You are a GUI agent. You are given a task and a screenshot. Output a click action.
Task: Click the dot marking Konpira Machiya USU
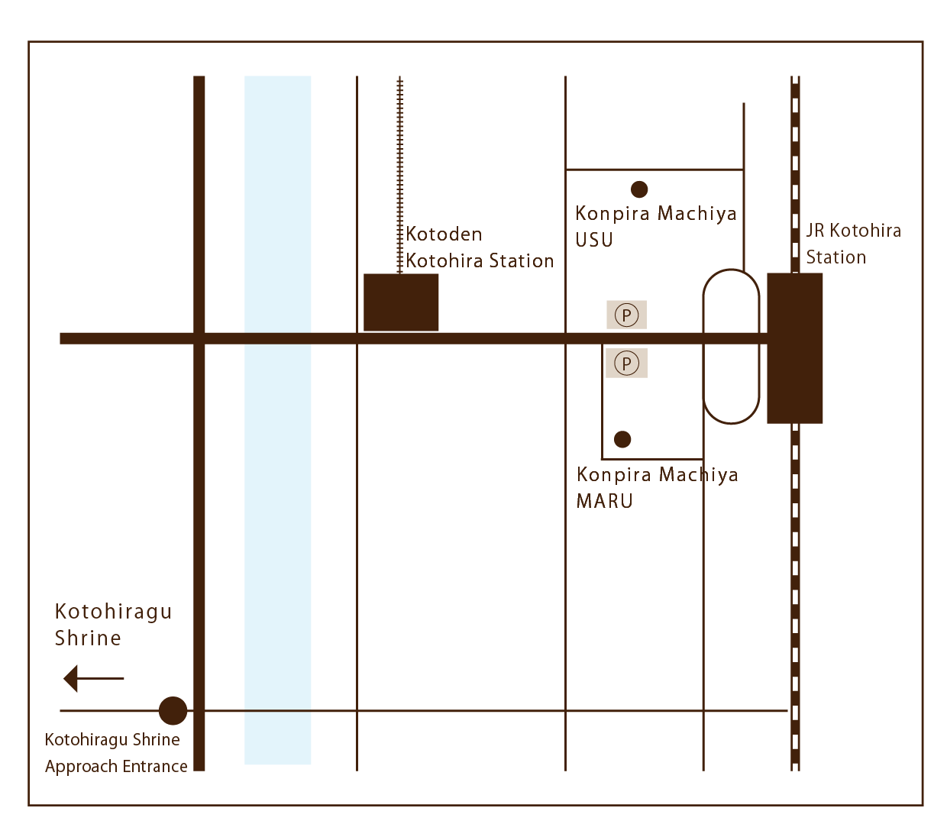coord(639,189)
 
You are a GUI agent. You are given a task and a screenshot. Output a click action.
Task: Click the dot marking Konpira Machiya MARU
coord(622,439)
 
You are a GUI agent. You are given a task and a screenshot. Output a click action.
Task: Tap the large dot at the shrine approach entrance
coord(173,711)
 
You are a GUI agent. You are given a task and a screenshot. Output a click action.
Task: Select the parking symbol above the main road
coord(626,315)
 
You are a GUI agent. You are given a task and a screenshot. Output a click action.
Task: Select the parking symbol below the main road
coord(627,363)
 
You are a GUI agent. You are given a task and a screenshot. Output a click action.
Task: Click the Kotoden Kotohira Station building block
coord(401,302)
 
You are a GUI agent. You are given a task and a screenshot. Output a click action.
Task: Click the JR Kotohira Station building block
coord(794,348)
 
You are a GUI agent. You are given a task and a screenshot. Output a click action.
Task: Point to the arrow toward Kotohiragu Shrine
coord(93,678)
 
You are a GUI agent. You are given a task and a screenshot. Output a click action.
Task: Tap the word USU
coord(593,241)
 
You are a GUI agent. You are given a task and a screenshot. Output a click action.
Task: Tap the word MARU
coord(604,502)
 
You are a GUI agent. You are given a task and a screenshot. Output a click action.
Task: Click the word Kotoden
coord(444,234)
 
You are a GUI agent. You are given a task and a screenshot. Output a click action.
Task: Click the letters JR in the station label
coord(815,231)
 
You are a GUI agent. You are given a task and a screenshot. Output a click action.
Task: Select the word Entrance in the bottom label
coord(155,767)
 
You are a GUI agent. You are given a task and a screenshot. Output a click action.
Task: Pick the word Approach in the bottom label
coord(82,768)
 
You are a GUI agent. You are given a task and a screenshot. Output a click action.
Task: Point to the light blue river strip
coord(278,420)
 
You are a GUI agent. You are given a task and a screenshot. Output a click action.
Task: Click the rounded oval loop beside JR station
coord(703,347)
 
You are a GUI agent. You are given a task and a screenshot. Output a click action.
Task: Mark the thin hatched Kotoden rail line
coord(399,175)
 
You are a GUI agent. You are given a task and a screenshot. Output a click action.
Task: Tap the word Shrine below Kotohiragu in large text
coord(88,638)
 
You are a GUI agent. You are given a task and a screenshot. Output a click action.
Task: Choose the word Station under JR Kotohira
coord(836,257)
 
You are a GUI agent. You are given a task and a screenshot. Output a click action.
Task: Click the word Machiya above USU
coord(697,214)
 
